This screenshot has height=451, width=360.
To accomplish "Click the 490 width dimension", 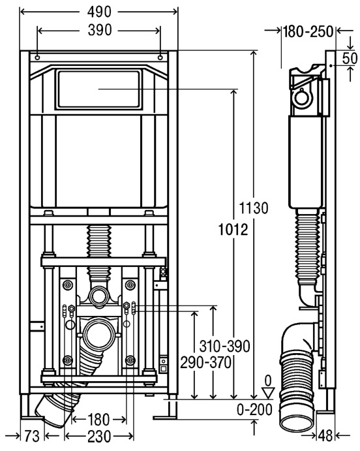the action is click(x=99, y=12).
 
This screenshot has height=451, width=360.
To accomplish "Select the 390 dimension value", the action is click(x=99, y=30).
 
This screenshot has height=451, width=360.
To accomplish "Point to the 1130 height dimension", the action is click(x=254, y=208).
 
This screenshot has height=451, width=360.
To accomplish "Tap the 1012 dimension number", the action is click(x=233, y=230).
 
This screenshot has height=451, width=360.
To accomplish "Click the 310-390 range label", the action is click(x=224, y=346).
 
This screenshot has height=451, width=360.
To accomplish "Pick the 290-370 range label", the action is click(x=205, y=362).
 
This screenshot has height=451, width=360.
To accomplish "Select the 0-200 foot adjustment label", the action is click(x=254, y=409).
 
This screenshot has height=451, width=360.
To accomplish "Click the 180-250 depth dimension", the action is click(x=308, y=31).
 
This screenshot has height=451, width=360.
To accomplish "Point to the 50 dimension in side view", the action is click(x=350, y=58).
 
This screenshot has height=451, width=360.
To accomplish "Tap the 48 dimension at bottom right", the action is click(x=325, y=436).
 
